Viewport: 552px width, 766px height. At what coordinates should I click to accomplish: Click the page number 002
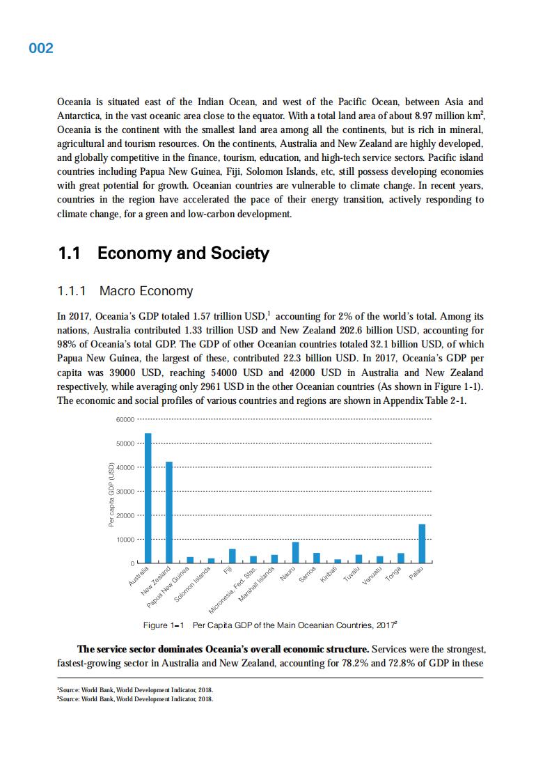pyautogui.click(x=41, y=48)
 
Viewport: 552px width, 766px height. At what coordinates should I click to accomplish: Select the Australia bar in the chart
pyautogui.click(x=148, y=497)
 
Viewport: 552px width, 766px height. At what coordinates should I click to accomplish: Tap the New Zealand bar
pyautogui.click(x=169, y=512)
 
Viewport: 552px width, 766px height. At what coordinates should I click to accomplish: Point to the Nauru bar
pyautogui.click(x=296, y=552)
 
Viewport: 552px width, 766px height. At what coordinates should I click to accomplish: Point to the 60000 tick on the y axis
pyautogui.click(x=125, y=419)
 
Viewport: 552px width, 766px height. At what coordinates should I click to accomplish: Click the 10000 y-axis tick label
pyautogui.click(x=125, y=540)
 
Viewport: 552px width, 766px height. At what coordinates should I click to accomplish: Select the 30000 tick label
pyautogui.click(x=125, y=492)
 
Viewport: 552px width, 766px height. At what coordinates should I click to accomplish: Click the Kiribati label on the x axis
pyautogui.click(x=329, y=575)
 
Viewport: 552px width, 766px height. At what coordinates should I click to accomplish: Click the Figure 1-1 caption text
pyautogui.click(x=270, y=625)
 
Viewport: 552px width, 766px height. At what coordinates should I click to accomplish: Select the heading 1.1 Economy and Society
pyautogui.click(x=163, y=253)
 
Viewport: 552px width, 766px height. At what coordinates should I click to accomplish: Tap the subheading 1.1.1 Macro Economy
pyautogui.click(x=125, y=291)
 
